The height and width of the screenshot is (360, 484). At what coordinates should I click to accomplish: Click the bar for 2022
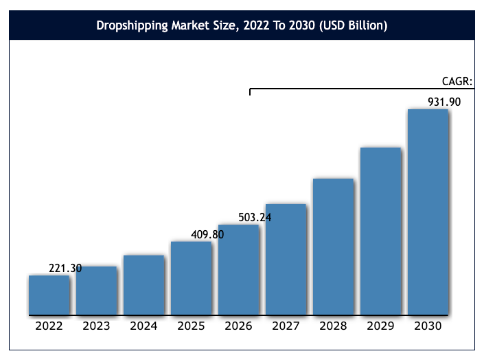[49, 295]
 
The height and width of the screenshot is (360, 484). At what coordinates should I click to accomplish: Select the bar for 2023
[96, 291]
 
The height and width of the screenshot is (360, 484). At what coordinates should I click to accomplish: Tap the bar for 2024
[143, 285]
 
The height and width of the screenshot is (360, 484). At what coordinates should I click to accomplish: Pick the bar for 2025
[191, 278]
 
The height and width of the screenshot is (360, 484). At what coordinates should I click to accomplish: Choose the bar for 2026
[238, 270]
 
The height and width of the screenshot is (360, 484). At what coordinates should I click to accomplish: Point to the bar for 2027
[286, 260]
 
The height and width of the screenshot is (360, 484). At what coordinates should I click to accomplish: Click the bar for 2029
[380, 232]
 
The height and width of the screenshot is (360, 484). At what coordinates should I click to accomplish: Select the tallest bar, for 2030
[428, 212]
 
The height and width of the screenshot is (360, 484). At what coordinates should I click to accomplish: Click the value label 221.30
[65, 269]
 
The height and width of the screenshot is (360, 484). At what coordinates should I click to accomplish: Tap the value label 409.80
[207, 234]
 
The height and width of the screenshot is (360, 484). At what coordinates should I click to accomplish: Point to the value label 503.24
[255, 218]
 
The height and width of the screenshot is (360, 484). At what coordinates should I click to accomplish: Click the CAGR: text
[457, 81]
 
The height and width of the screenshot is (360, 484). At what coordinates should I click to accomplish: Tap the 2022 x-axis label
[49, 326]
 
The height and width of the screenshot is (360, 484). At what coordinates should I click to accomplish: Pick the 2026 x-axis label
[238, 326]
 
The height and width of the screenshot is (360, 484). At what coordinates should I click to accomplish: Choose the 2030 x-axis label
[428, 326]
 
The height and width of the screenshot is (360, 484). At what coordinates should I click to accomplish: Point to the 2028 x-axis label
[333, 326]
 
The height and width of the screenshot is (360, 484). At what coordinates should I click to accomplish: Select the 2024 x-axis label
[143, 326]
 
